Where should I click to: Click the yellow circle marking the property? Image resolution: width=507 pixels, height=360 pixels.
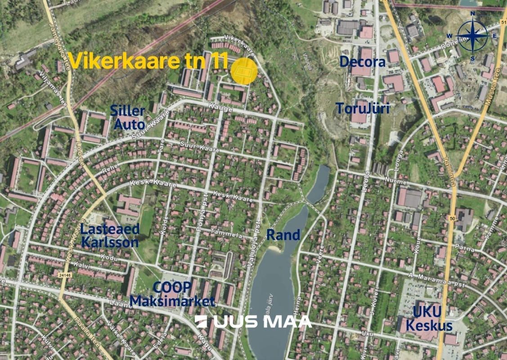(x=244, y=71)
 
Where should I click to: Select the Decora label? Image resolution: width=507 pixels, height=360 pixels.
(x=363, y=62)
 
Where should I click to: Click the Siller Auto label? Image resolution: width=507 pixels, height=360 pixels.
(x=129, y=117)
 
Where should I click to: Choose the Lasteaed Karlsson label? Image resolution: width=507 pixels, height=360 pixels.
(x=110, y=235)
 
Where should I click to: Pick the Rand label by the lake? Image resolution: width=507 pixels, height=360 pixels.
(x=283, y=234)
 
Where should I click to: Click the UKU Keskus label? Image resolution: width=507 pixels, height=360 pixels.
(x=432, y=319)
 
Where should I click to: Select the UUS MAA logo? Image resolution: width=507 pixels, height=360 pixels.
(x=253, y=321)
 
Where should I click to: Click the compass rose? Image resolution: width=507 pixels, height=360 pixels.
(x=473, y=36)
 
